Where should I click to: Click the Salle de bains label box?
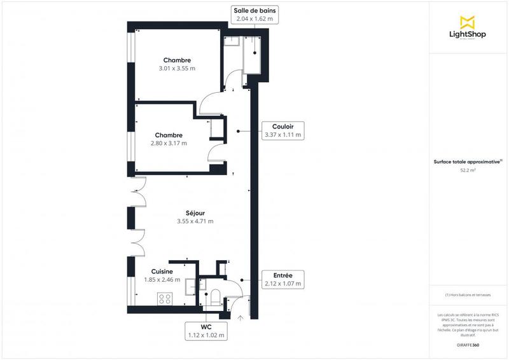254,15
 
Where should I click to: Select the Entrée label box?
282,279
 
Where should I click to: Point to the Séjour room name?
195,213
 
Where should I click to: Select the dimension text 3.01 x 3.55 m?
177,68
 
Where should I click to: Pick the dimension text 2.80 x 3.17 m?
169,143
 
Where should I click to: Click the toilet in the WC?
214,298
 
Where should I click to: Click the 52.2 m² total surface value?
468,170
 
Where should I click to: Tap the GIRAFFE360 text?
468,344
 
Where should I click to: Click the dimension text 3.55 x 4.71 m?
195,221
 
